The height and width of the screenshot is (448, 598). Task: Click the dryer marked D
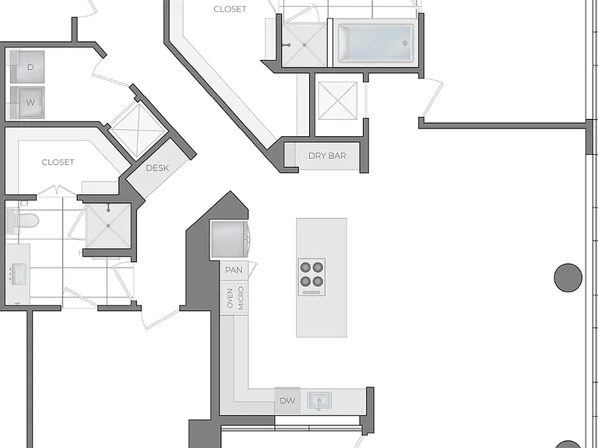(x=27, y=67)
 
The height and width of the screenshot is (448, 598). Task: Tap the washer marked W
(x=27, y=103)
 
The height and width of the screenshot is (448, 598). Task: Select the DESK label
(x=157, y=168)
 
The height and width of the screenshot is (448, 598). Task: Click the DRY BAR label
(x=327, y=156)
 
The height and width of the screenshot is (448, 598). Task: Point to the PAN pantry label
(x=234, y=270)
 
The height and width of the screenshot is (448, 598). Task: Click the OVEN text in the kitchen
(x=230, y=299)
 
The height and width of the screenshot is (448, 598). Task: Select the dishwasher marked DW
(x=287, y=401)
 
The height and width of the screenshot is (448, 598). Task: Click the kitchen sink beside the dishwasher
(x=319, y=401)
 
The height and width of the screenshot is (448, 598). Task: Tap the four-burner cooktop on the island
(x=311, y=277)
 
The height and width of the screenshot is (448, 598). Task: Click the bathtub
(x=375, y=44)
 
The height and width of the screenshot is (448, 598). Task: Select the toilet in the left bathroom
(x=23, y=221)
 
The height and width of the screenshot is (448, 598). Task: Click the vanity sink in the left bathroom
(x=19, y=274)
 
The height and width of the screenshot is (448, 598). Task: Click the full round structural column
(x=568, y=278)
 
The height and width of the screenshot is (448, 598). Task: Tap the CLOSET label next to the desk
(x=58, y=163)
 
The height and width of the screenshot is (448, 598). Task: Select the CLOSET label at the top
(x=230, y=9)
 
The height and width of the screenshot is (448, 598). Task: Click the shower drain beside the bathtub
(x=304, y=45)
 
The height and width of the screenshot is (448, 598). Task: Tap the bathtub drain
(x=405, y=44)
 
